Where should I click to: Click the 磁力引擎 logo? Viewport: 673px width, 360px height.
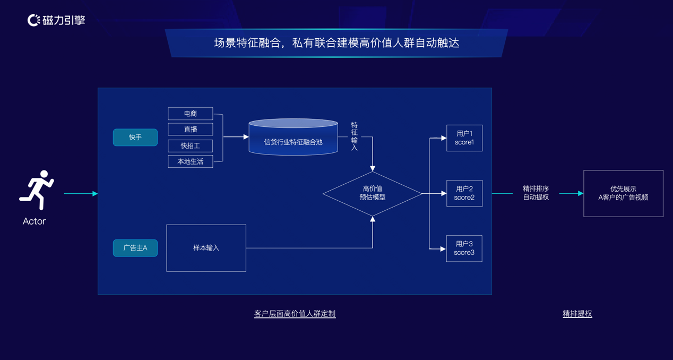[56, 20]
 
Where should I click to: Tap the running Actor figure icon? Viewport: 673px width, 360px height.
[37, 190]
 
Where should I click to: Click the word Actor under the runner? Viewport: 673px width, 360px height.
[34, 221]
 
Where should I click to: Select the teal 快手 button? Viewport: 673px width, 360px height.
[135, 138]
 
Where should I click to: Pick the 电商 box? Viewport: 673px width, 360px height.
[190, 114]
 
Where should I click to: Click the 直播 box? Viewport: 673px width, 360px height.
[190, 130]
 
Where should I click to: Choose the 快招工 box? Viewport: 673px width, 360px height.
[190, 145]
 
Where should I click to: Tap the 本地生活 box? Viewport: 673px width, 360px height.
[190, 161]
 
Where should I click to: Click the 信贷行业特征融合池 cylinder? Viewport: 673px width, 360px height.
[293, 139]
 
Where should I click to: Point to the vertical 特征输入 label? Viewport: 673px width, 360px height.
[355, 136]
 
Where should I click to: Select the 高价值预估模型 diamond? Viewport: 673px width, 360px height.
[373, 193]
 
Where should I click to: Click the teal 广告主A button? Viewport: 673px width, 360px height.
[135, 248]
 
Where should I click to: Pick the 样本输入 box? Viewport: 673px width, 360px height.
[206, 248]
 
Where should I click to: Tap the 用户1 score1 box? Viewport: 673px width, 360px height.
[464, 138]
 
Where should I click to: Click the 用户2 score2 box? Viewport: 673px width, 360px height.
[464, 193]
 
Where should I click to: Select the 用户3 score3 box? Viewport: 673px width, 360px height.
[464, 248]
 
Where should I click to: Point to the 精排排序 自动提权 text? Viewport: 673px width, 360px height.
[536, 193]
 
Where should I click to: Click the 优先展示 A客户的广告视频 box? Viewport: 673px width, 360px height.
[623, 193]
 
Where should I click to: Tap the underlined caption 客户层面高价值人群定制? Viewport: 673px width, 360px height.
[295, 314]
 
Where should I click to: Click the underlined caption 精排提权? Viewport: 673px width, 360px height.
[577, 314]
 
